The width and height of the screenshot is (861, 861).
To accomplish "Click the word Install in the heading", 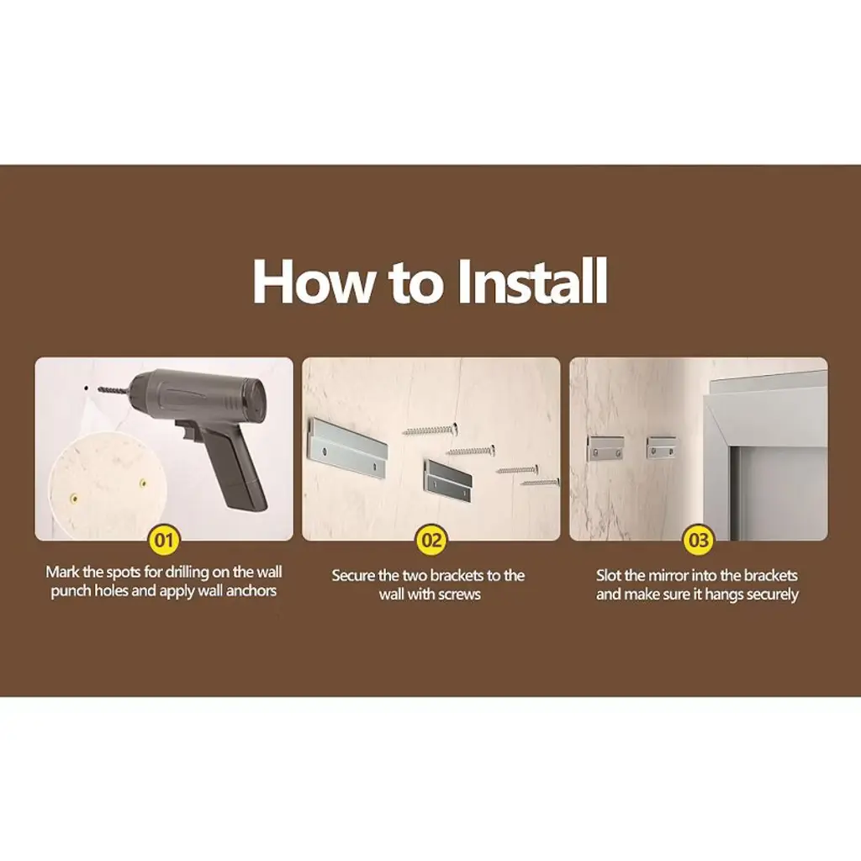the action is pos(532,281).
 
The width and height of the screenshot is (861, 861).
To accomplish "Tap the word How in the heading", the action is pos(311,281).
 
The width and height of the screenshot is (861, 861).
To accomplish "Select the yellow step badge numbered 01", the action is pos(164,541).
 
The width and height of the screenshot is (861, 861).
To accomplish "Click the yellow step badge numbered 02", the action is pos(431,541).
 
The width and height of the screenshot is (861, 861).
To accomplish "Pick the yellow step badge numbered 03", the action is pos(699,541).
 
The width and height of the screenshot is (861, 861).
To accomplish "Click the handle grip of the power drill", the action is pos(239,467).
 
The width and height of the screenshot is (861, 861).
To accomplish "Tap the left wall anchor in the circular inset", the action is pos(73,499).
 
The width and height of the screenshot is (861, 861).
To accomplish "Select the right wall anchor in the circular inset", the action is pos(143,483).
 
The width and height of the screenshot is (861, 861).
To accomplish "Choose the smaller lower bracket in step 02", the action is pos(447,480).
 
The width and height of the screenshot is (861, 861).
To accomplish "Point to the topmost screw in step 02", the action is pos(430,430).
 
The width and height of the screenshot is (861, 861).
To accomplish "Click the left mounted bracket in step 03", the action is pos(606,448).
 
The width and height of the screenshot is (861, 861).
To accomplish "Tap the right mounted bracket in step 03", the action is pos(661,447).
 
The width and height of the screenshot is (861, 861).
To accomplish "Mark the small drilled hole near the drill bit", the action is pos(87,388).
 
